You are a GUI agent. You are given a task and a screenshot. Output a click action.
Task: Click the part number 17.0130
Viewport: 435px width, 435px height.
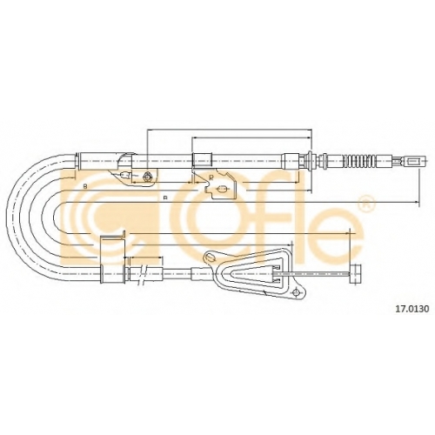tap(412, 309)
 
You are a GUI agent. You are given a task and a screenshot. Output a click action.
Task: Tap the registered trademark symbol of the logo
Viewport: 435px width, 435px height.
tap(366, 202)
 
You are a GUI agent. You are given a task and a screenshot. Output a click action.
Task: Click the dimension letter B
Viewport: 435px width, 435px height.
tap(85, 187)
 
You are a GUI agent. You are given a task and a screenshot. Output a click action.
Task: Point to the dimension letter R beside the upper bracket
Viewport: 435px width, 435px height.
tap(211, 177)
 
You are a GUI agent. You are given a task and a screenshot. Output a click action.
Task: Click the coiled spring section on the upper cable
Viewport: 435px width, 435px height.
tap(358, 160)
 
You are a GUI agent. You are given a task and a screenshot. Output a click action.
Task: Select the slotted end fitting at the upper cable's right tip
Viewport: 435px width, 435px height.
tap(412, 160)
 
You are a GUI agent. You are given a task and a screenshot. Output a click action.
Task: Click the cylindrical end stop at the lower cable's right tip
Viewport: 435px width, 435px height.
tap(356, 273)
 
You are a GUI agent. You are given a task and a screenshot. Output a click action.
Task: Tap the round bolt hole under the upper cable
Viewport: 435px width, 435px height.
tap(147, 176)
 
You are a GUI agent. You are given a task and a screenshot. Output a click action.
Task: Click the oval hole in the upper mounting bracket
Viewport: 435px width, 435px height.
tap(222, 189)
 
